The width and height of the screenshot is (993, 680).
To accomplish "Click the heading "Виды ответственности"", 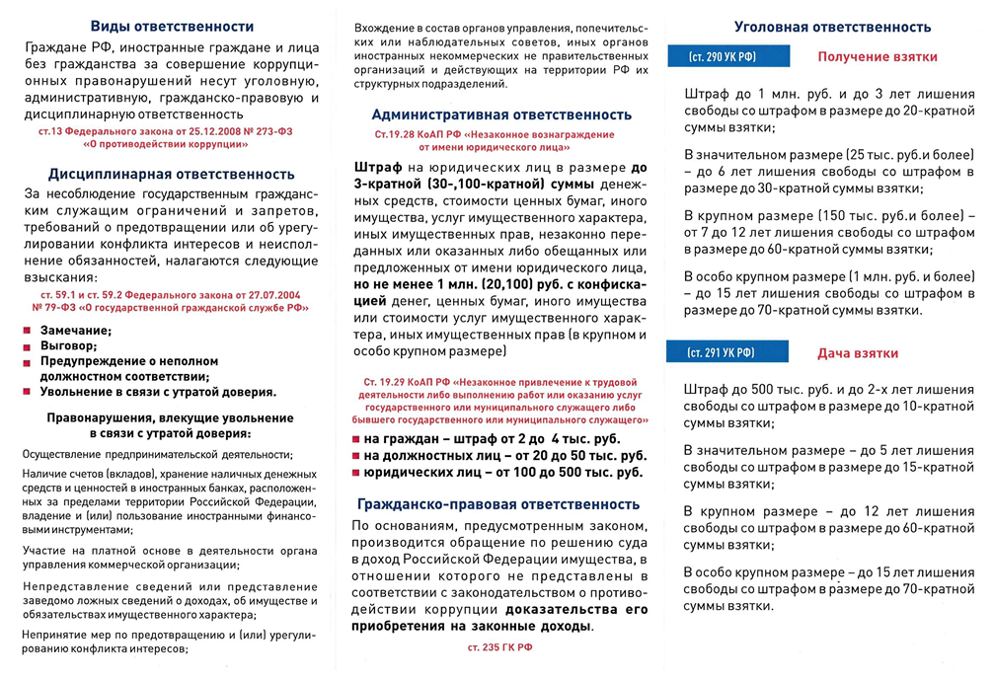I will [x=172, y=27].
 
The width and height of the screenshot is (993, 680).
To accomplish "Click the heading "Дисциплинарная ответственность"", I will [x=172, y=175].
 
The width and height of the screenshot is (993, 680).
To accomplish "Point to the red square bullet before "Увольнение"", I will [x=28, y=392].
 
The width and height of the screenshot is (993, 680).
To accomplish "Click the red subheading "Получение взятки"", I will [x=878, y=58].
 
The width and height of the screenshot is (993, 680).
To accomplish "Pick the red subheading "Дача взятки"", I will [x=858, y=352].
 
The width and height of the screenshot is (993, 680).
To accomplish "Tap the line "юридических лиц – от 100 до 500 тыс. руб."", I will [x=502, y=472].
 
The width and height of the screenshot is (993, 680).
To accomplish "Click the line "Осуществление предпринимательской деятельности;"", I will [x=157, y=454].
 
